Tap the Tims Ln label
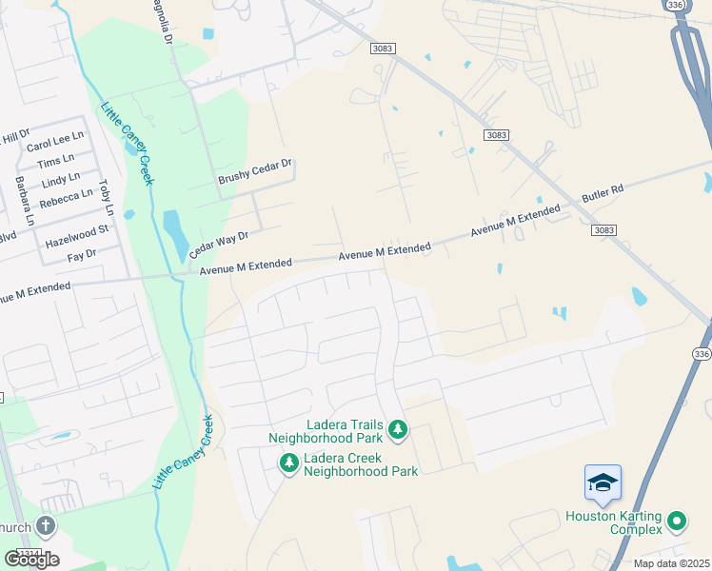[56, 161]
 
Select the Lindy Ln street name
[60, 180]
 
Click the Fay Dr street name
[82, 255]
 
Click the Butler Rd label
[603, 196]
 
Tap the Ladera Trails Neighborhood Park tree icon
[398, 431]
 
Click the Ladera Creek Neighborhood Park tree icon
[287, 463]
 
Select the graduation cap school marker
[603, 482]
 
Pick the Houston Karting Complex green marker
[676, 521]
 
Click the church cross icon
[46, 527]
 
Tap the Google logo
[31, 559]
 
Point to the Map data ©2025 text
[671, 563]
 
